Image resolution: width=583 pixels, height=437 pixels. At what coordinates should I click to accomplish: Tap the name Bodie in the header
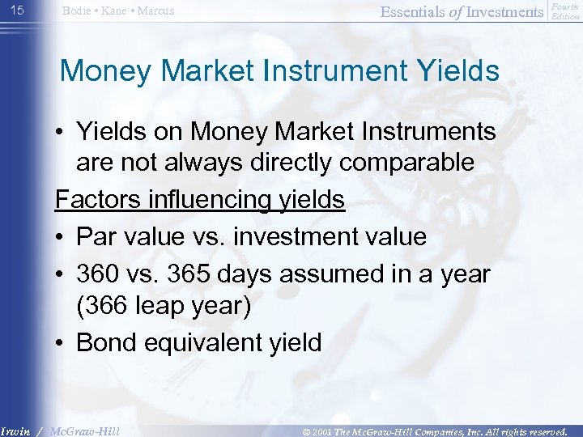click(x=77, y=11)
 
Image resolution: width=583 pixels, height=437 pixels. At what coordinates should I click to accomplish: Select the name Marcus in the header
click(x=155, y=11)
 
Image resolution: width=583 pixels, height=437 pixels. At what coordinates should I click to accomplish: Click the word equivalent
click(x=206, y=342)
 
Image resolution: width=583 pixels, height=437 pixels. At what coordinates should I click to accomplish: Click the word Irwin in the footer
click(x=15, y=431)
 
